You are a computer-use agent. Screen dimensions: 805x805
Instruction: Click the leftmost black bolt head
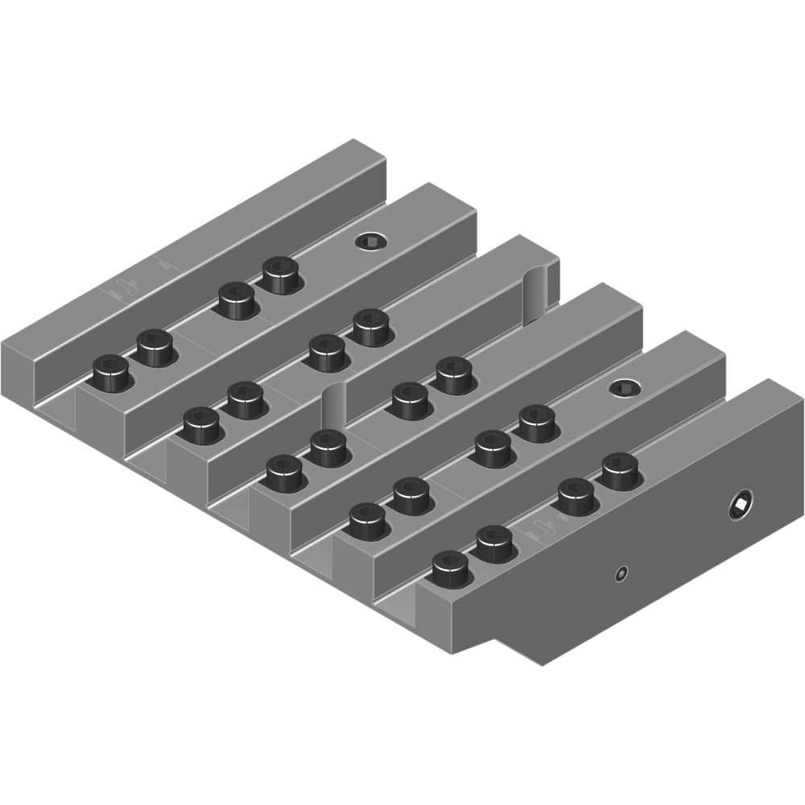(111, 373)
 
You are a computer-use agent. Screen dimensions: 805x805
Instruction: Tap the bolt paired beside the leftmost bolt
(155, 347)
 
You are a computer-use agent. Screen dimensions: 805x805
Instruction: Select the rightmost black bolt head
(619, 469)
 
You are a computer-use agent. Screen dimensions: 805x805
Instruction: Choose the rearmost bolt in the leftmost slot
(279, 274)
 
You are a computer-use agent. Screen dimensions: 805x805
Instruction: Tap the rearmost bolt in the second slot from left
(371, 326)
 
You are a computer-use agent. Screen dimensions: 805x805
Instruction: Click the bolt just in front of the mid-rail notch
(327, 447)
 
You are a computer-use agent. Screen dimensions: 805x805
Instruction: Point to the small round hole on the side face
(620, 573)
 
